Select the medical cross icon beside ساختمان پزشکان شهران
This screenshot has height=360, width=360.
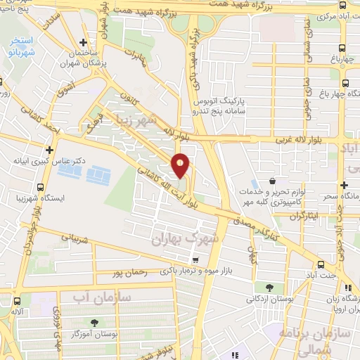[x=84, y=42]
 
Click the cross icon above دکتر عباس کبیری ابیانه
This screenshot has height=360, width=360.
[x=49, y=150]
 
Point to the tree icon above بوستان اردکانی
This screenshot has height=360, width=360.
[x=270, y=287]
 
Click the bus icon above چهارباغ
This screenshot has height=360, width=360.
[x=342, y=48]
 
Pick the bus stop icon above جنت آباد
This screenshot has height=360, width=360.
[x=321, y=265]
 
